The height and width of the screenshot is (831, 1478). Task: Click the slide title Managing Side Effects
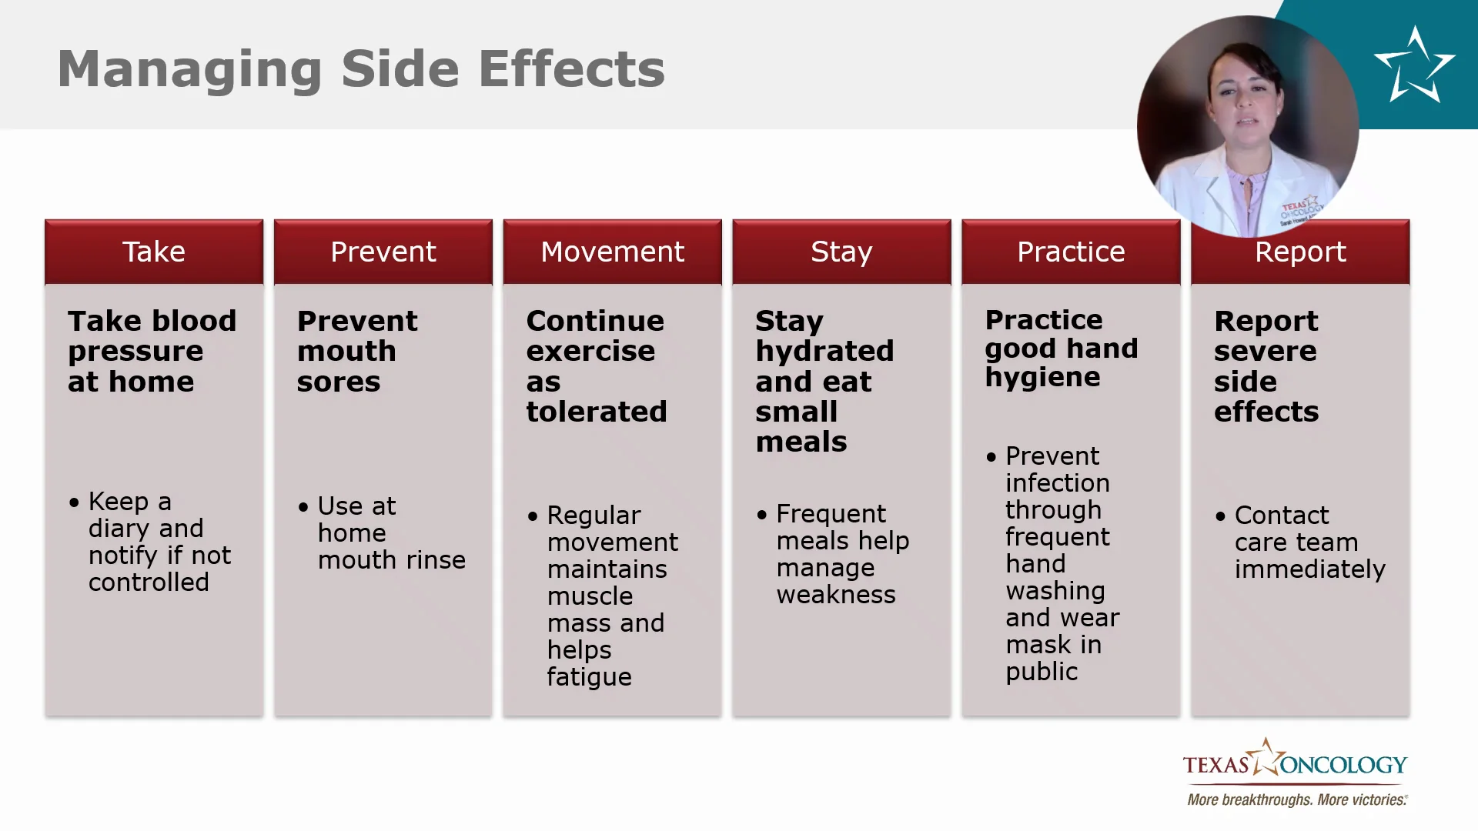(x=361, y=69)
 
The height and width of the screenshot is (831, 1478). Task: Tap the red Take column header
(x=154, y=252)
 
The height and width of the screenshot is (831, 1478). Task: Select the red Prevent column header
(x=383, y=252)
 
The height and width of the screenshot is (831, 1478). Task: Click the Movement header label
(x=613, y=252)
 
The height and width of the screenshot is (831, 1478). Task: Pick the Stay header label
(x=841, y=252)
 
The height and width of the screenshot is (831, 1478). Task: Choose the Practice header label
(x=1071, y=252)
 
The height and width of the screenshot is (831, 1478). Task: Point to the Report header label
(x=1300, y=252)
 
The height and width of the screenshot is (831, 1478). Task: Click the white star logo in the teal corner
(x=1414, y=65)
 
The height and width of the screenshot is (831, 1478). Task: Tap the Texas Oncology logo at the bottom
(x=1296, y=759)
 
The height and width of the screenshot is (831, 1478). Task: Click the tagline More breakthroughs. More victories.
(x=1297, y=799)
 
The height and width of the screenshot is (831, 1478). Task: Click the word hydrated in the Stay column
(x=824, y=352)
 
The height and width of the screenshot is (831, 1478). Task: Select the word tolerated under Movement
(x=597, y=412)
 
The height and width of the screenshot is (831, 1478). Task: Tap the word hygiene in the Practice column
(x=1042, y=378)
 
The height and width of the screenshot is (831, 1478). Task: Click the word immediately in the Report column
(x=1310, y=569)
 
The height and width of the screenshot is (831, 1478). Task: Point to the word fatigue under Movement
(x=590, y=677)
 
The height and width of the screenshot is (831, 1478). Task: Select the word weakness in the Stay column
(x=836, y=595)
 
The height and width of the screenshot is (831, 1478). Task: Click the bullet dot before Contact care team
(x=1220, y=516)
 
